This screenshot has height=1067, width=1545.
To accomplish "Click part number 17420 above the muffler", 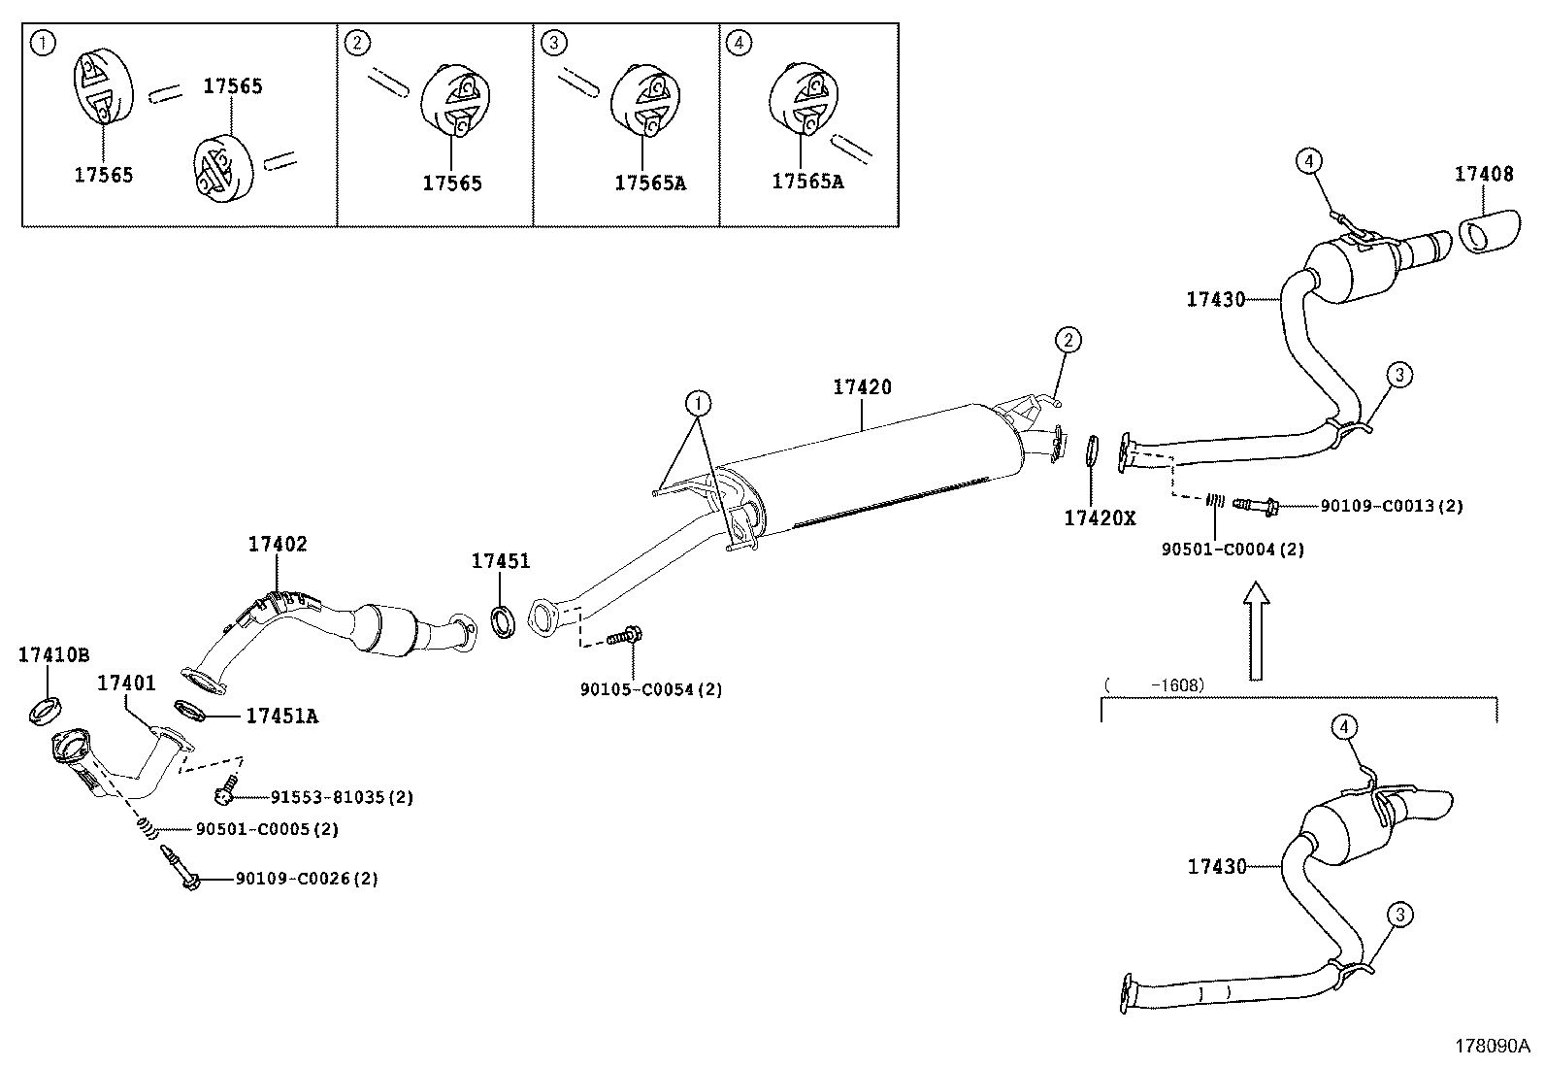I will coord(862,386).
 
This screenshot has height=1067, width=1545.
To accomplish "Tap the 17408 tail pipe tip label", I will coord(1483,174).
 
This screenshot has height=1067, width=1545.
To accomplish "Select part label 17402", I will coord(277,544).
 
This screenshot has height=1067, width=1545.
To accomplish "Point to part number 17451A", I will coord(281,717).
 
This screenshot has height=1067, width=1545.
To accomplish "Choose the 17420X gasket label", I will coord(1100,518).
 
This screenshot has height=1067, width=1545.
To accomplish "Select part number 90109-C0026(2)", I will coord(307,879).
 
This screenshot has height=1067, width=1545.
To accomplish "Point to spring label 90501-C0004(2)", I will coord(1233,550).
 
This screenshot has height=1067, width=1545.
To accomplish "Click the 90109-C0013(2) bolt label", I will coord(1391,506).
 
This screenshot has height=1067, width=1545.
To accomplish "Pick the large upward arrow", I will coord(1256,629).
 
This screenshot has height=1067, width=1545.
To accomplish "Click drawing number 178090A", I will coord(1491,1046).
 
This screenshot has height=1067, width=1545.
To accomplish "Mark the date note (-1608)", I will coord(1154,685).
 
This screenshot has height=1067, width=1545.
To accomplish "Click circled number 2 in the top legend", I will coord(358,42).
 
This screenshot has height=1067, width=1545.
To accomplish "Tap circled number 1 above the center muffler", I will coord(698,402).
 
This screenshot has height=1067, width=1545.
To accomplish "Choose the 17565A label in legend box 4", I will coord(807,181).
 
